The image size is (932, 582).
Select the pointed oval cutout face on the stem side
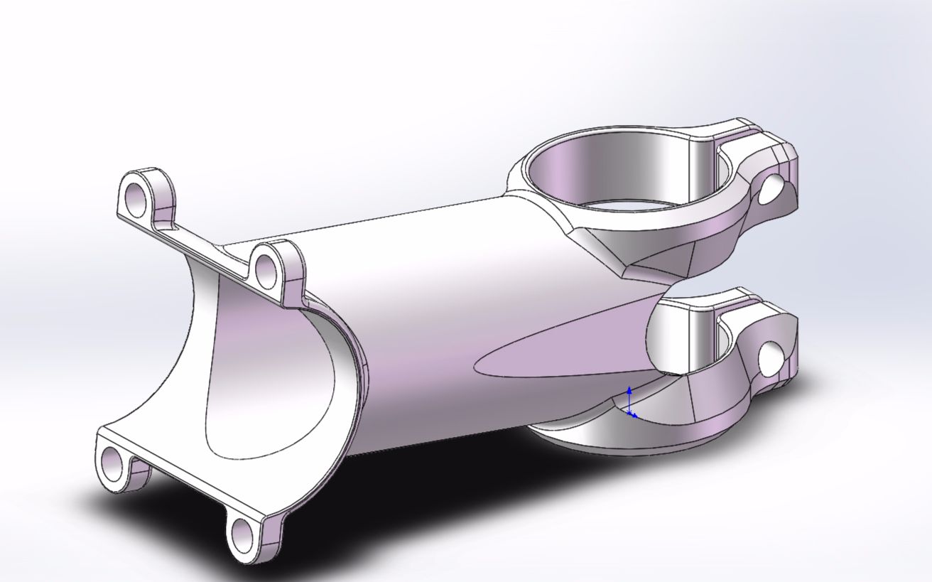(561, 341)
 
